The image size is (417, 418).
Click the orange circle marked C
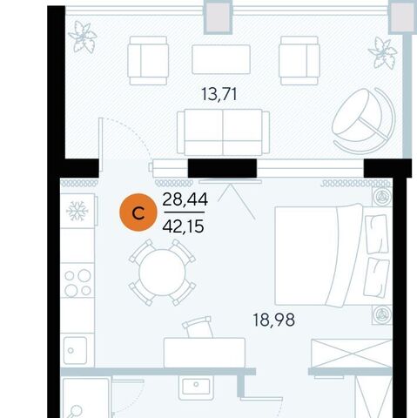coord(138,212)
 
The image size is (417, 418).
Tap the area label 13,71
coord(219,95)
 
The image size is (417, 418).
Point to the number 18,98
coord(274,320)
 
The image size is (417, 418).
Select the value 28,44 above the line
coord(185,199)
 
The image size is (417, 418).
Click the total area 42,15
coord(183,226)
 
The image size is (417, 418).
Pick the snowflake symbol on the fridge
coord(77,211)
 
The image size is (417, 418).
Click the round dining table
coord(162,273)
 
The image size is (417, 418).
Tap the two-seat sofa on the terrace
coord(223,132)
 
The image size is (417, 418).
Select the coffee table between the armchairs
coord(221,59)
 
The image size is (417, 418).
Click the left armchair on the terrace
coord(148,60)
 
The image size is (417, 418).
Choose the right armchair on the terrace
coord(299,60)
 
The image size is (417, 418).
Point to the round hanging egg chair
coord(364,120)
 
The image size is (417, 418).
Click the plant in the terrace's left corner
coord(83,37)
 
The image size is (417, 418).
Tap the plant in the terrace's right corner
coord(383,53)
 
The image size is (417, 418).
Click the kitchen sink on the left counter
coord(75,350)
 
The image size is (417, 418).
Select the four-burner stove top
coord(77,283)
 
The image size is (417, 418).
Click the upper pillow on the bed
coord(376,234)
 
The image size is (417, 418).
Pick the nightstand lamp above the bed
coord(380,197)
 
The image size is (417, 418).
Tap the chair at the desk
coord(198,327)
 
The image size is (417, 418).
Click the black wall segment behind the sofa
coord(222,168)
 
